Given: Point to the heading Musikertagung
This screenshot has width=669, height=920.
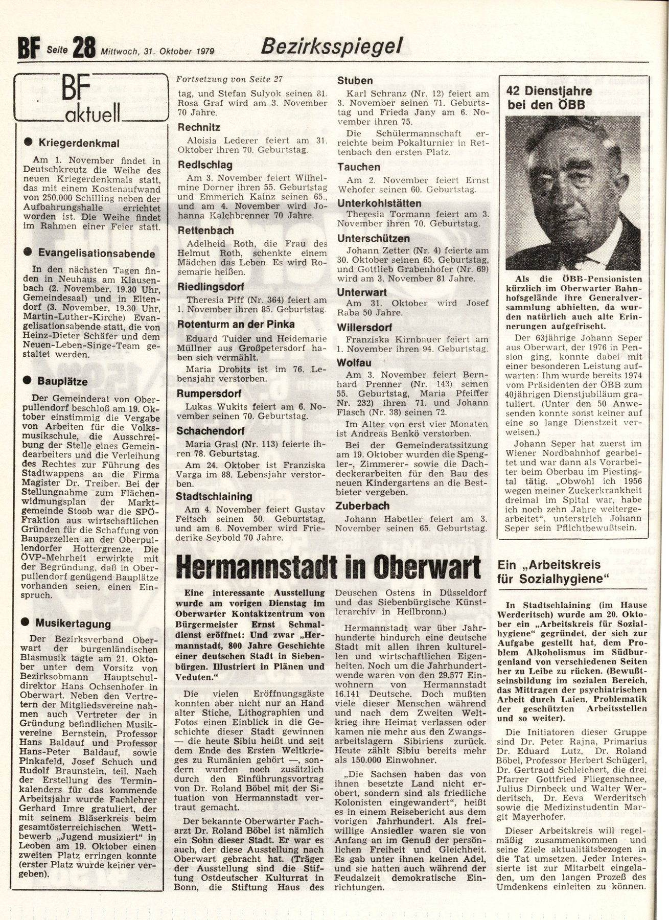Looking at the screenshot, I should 73,624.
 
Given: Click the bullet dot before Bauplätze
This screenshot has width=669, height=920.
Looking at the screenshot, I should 28,381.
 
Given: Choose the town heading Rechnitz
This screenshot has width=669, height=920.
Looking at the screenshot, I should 198,128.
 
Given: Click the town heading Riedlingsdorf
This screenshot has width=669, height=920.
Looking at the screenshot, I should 210,286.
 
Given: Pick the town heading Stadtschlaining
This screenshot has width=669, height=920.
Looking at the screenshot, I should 214,496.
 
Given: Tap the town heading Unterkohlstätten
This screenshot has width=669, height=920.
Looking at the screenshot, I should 387,203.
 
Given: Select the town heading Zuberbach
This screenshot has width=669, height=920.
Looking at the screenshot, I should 363,505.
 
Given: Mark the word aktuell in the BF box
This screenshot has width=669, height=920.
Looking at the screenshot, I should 92,111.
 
